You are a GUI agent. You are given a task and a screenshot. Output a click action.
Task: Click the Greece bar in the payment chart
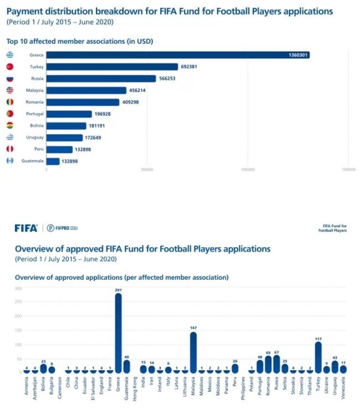178,55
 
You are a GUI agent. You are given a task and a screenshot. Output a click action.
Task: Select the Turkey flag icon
9,67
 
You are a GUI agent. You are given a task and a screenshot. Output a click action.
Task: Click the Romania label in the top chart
34,102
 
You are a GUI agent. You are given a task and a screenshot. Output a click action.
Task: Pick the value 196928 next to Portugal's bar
103,114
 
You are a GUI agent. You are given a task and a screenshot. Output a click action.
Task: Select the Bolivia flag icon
9,126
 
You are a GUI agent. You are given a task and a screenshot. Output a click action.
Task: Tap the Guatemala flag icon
9,161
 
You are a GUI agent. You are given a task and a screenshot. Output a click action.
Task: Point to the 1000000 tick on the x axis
248,170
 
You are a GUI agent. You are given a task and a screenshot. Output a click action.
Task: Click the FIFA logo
26,227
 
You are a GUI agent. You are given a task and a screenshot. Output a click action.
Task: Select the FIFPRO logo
62,228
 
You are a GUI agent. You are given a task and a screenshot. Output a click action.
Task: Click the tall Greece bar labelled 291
118,333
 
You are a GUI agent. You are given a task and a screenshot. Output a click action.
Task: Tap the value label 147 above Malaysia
193,328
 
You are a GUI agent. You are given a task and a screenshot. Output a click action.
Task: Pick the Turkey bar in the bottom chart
318,357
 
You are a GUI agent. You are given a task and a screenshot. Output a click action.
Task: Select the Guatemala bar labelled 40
126,366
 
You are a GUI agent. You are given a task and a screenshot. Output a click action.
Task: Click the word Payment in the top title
26,11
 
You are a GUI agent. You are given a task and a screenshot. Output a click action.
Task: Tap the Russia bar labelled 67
277,364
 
